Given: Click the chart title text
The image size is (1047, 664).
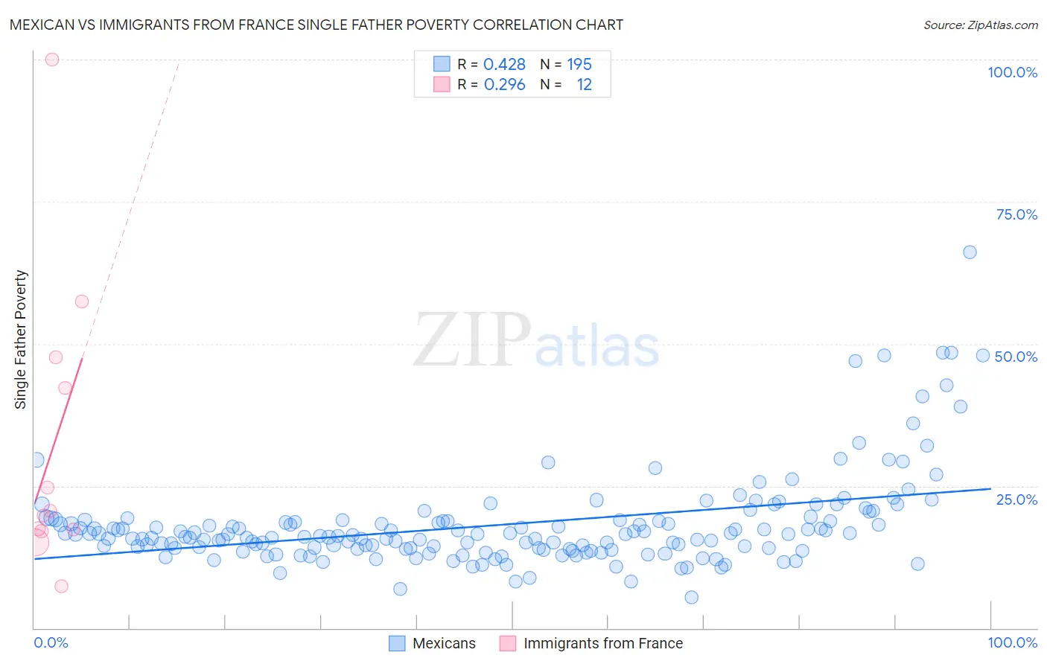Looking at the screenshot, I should pyautogui.click(x=316, y=25).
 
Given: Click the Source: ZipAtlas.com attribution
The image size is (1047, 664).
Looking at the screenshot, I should pyautogui.click(x=980, y=25).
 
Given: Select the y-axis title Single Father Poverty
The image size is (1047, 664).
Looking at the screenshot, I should pyautogui.click(x=21, y=339).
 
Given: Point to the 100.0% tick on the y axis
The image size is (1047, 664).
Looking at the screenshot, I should pyautogui.click(x=1012, y=72).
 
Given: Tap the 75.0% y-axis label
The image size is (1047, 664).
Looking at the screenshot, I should pyautogui.click(x=1016, y=214).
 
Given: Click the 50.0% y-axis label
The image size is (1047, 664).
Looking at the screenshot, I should pyautogui.click(x=1016, y=357).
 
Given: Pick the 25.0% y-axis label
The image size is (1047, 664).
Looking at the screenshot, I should pyautogui.click(x=1016, y=499).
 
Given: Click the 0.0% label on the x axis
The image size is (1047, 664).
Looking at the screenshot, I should pyautogui.click(x=51, y=642).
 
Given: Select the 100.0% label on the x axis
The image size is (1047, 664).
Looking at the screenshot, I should pyautogui.click(x=1012, y=642).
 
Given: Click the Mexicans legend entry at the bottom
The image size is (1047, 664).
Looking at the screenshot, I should pyautogui.click(x=433, y=643).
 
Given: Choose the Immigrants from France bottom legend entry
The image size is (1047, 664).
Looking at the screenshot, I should pyautogui.click(x=591, y=643).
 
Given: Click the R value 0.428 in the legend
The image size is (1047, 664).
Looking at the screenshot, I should pyautogui.click(x=504, y=65).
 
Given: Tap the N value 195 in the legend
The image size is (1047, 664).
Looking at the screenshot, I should pyautogui.click(x=579, y=65).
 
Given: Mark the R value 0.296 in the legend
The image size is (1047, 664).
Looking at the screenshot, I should pyautogui.click(x=504, y=85).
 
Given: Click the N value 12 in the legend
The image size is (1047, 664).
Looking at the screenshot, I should pyautogui.click(x=584, y=85).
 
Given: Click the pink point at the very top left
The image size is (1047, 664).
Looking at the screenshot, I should pyautogui.click(x=52, y=60).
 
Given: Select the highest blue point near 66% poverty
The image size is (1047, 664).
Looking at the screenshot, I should pyautogui.click(x=970, y=252).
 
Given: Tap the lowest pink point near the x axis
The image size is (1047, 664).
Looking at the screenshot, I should pyautogui.click(x=62, y=586).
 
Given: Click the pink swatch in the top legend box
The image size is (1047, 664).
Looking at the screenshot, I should pyautogui.click(x=442, y=85).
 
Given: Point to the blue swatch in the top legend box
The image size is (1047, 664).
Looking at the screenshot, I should pyautogui.click(x=442, y=65).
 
